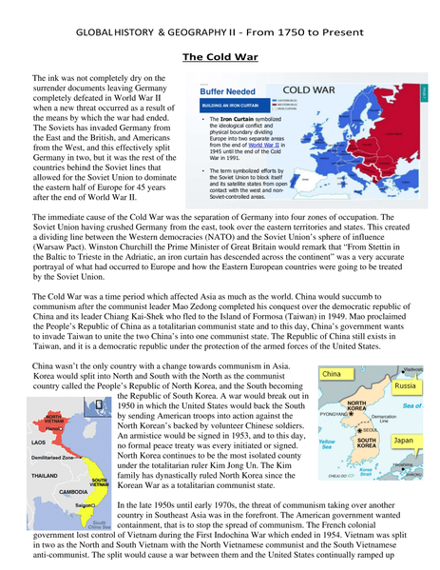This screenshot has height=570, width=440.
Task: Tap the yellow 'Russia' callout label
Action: tap(408, 387)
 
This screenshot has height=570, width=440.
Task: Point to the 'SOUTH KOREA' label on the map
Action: tap(367, 442)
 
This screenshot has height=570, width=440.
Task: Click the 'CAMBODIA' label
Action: tap(73, 491)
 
